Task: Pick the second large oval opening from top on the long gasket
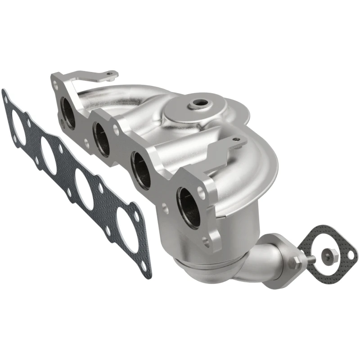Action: [49, 156]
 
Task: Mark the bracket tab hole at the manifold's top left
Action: [110, 74]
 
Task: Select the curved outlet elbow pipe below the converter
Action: [265, 265]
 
